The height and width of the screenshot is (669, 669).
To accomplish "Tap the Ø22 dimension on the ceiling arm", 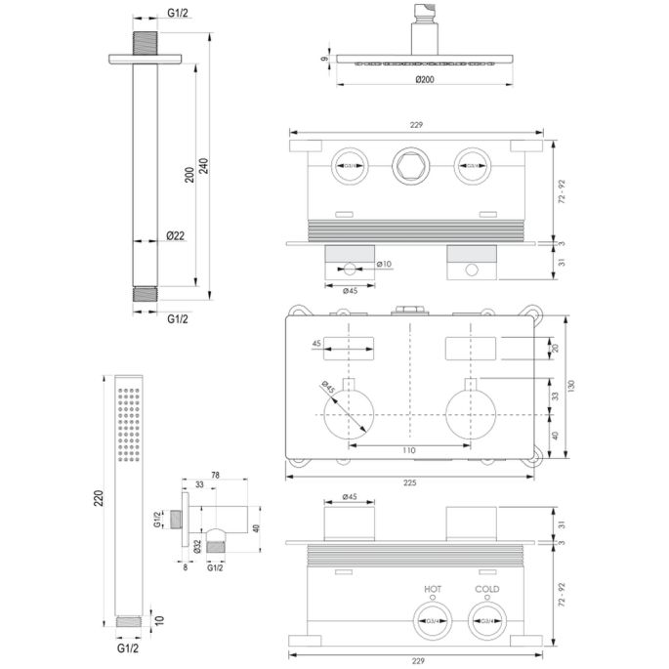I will click(x=177, y=235).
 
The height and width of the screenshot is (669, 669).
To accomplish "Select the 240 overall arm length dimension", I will click(x=203, y=167).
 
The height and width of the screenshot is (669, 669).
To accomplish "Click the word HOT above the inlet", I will click(x=433, y=589).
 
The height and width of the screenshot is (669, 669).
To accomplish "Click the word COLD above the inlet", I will click(x=486, y=589).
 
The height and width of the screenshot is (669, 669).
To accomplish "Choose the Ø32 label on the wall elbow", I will click(x=196, y=545).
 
